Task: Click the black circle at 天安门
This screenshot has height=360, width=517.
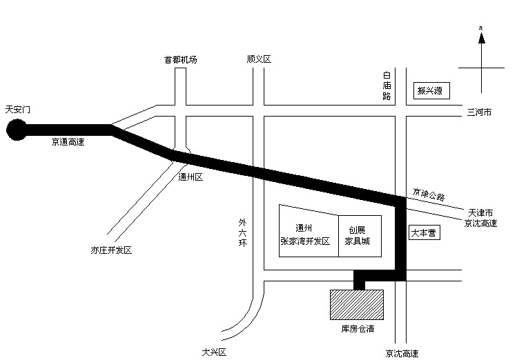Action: coord(16,130)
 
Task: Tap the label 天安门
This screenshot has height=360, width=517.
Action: coord(18,110)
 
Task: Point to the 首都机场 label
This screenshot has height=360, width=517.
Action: coord(181,59)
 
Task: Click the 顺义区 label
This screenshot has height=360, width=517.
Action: coord(259,59)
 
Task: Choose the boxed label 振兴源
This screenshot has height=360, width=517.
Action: coord(429,90)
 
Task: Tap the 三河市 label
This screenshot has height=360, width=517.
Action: coord(479,112)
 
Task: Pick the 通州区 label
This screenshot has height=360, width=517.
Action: coord(190,177)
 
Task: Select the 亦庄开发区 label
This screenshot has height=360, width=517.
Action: coord(110,250)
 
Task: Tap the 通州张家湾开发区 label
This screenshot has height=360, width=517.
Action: coord(304,235)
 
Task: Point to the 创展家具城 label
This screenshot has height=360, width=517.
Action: coord(357,235)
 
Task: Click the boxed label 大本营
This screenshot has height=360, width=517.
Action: coord(422,233)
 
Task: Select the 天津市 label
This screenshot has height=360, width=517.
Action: coord(481,212)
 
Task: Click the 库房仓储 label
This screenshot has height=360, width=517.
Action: coord(358,329)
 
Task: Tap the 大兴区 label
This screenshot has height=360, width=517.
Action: coord(214,352)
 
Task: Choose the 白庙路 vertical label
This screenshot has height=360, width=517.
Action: coord(387,86)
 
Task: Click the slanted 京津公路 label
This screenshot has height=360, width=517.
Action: coord(429,196)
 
